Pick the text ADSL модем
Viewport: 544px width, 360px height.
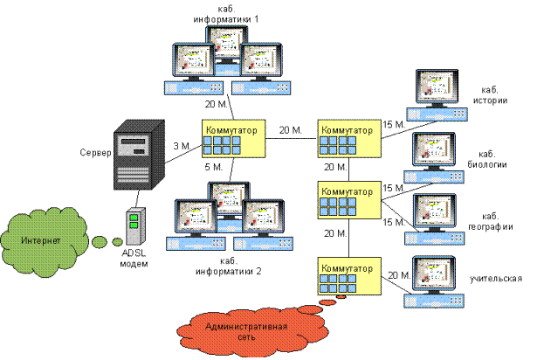point(134,260)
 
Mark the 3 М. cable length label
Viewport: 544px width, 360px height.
point(182,145)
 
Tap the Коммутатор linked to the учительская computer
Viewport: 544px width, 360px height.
point(347,276)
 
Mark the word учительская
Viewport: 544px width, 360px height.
point(496,279)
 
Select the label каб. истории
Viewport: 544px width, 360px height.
point(493,95)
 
